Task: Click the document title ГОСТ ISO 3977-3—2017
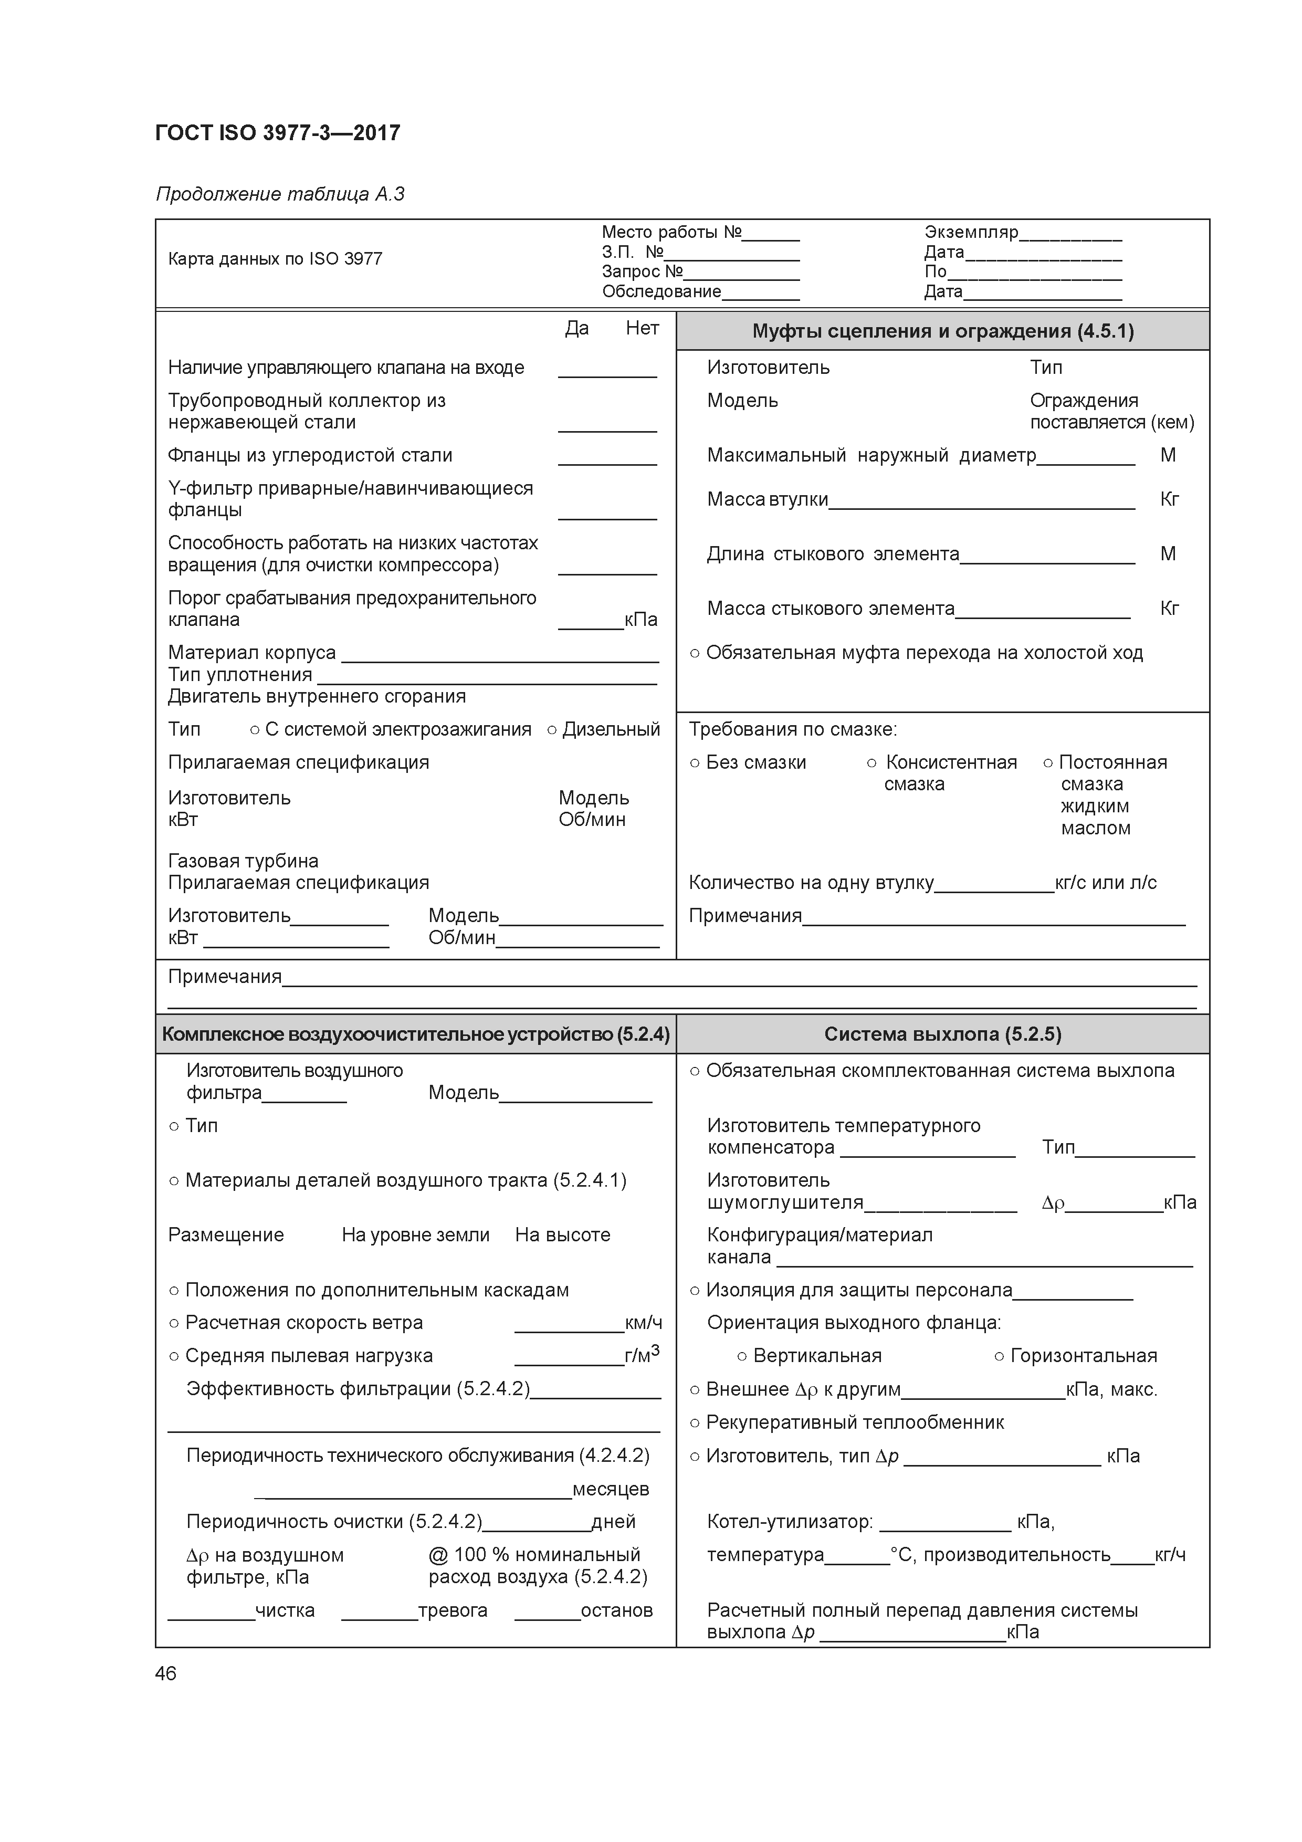pos(278,133)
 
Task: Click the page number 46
pos(166,1673)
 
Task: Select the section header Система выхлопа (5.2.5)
pos(942,1034)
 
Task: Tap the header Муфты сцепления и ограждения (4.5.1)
pos(942,331)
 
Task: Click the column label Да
pos(577,328)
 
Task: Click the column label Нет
pos(643,328)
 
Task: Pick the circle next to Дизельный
pos(552,730)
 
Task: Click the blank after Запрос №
pos(741,273)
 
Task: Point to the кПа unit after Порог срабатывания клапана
pos(641,620)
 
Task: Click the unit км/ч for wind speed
pos(643,1323)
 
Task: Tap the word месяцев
pos(611,1489)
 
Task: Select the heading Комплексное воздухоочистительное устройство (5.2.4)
pos(416,1034)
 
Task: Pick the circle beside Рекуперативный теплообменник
pos(695,1423)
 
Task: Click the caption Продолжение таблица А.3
pos(280,194)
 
